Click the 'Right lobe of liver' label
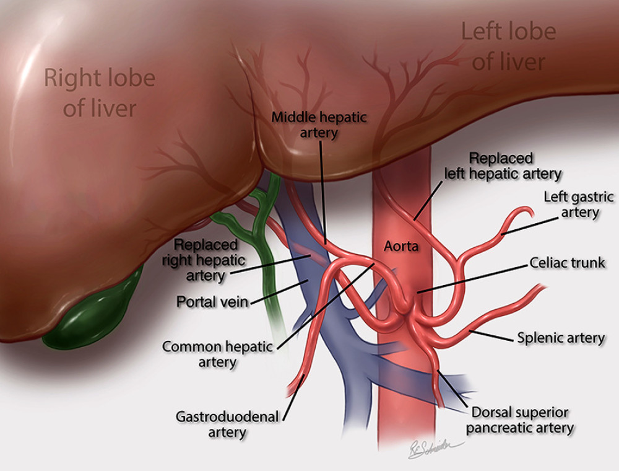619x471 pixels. coord(100,93)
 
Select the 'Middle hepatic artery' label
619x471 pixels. coord(320,123)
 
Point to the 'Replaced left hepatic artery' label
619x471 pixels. coord(503,166)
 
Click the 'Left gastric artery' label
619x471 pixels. coord(579,205)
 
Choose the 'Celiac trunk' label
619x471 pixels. coord(567,262)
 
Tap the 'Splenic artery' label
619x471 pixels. coord(561,338)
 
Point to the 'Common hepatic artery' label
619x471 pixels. coord(217,354)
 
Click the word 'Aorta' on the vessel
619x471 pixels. coord(401,246)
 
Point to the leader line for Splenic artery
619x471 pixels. coord(492,335)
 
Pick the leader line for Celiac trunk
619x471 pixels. coord(474,276)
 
